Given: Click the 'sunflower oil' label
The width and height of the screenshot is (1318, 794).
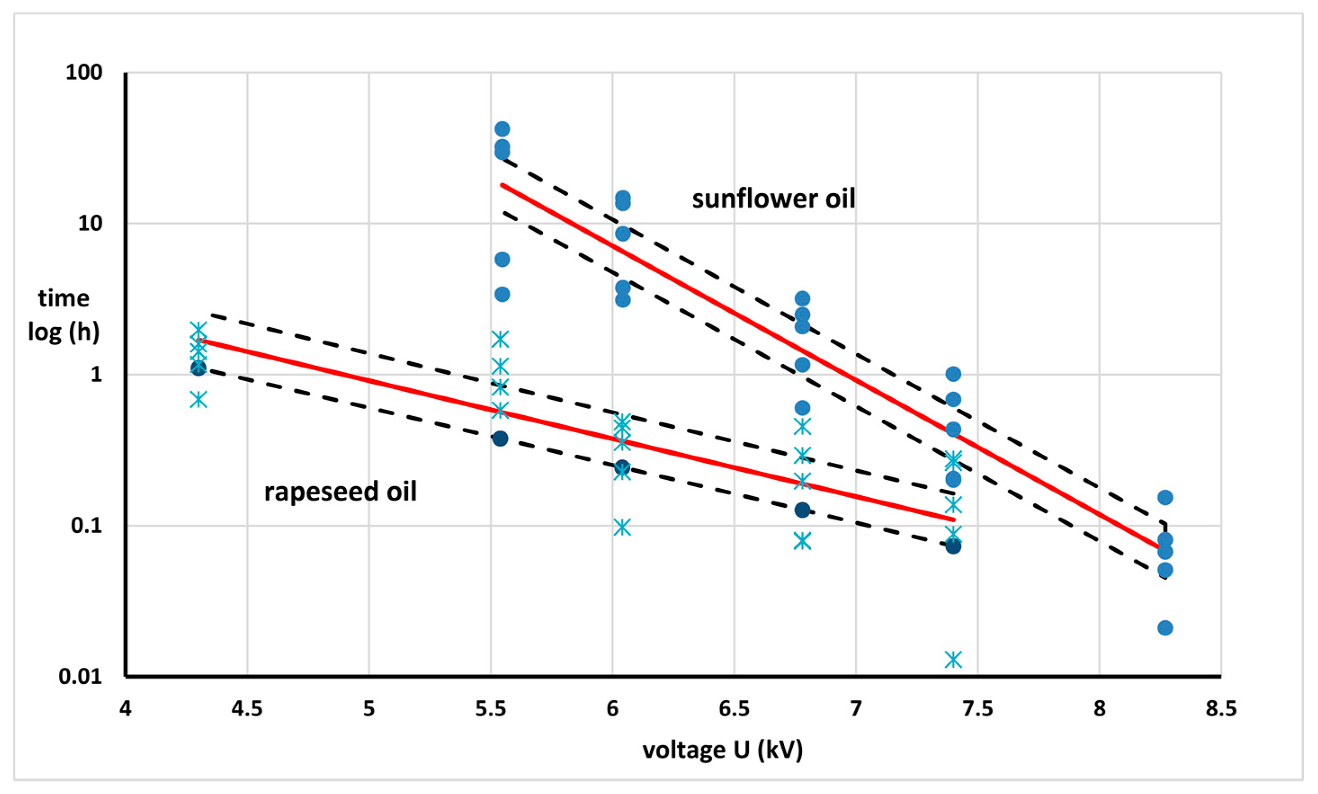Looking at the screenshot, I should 773,199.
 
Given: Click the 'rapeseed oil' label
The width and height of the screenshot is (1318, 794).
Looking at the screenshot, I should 340,492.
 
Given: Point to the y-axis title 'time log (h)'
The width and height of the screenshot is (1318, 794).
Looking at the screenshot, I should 64,315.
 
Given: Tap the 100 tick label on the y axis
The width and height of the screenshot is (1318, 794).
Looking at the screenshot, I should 84,72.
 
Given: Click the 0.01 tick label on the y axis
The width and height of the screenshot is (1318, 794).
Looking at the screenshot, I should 80,677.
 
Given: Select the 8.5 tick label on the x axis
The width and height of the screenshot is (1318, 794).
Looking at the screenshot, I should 1221,709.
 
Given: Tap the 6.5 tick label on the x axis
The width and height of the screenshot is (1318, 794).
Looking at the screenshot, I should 734,709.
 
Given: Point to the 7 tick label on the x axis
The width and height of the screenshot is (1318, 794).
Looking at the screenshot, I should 856,709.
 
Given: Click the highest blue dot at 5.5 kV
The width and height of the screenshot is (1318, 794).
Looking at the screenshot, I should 502,129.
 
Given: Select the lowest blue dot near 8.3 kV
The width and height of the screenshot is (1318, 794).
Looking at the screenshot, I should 1165,628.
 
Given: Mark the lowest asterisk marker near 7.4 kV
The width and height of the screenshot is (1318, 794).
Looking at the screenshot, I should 953,659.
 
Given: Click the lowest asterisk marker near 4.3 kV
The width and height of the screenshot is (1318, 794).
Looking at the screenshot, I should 198,399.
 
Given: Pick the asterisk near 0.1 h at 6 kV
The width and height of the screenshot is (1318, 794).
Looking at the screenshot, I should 621,527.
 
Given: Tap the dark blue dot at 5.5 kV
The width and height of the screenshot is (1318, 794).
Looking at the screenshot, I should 500,439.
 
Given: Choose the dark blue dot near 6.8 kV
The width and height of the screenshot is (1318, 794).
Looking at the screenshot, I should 802,510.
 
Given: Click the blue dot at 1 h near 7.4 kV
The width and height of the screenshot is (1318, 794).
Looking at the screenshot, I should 953,374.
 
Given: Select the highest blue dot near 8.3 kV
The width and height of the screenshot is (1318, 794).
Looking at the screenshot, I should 1165,498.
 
